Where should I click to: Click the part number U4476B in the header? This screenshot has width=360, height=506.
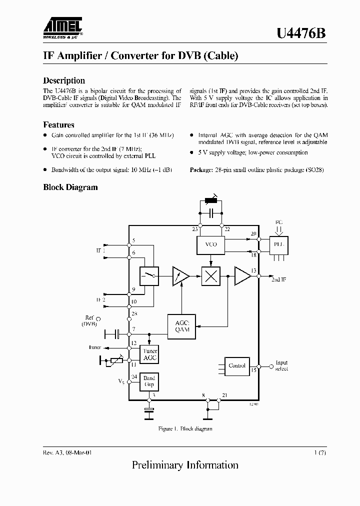tap(301, 33)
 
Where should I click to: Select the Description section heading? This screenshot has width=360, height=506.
tap(64, 80)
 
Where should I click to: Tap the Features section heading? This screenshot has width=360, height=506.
tap(58, 125)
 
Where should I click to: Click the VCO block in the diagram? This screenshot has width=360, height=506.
tap(210, 244)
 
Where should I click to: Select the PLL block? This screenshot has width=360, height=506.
tap(279, 244)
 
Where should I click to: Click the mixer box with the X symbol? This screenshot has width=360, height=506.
tap(210, 276)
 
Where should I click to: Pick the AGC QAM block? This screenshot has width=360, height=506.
tap(182, 326)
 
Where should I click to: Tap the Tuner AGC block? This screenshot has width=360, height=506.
tap(150, 354)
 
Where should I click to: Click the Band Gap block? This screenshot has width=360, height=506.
tap(149, 381)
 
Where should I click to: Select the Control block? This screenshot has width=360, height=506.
tap(236, 365)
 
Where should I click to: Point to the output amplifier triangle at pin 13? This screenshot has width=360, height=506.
tap(242, 276)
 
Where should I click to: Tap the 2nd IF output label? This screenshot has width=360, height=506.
tap(278, 279)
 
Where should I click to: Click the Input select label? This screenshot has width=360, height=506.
tap(281, 366)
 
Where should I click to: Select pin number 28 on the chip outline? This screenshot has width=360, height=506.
tap(133, 313)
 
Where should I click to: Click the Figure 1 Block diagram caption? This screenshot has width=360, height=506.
tap(185, 429)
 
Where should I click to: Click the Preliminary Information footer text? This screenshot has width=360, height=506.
tap(185, 465)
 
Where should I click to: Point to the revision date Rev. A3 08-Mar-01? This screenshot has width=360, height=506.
tap(67, 452)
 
